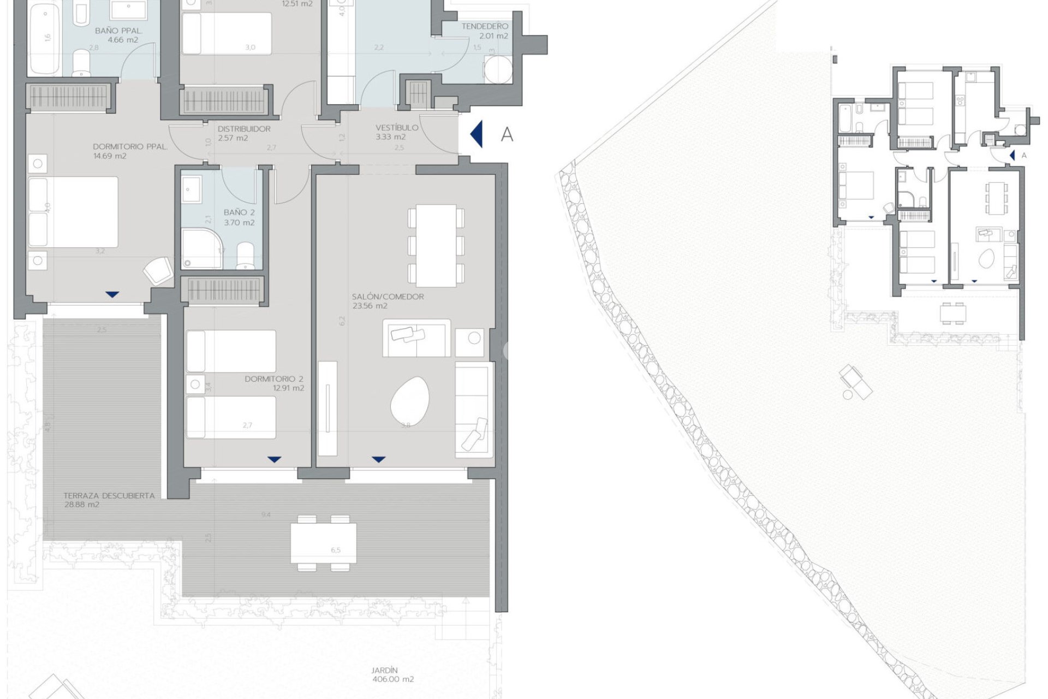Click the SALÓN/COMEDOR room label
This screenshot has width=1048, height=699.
(x=388, y=297)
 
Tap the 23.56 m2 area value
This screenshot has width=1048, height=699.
(x=370, y=306)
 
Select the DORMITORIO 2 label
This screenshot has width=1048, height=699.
(x=274, y=378)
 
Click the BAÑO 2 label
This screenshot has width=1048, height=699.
(x=239, y=212)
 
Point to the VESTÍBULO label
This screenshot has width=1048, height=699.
(x=397, y=127)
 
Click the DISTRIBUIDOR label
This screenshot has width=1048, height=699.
(x=244, y=129)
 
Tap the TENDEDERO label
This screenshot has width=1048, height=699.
(x=485, y=26)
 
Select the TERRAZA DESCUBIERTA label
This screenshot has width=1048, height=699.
(x=109, y=496)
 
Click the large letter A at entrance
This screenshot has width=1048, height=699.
(x=507, y=134)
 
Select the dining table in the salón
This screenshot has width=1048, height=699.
(x=436, y=245)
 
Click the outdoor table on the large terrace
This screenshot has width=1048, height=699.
(x=323, y=543)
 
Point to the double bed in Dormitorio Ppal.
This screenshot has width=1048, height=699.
(x=73, y=212)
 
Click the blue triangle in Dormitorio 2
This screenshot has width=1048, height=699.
(x=275, y=459)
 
